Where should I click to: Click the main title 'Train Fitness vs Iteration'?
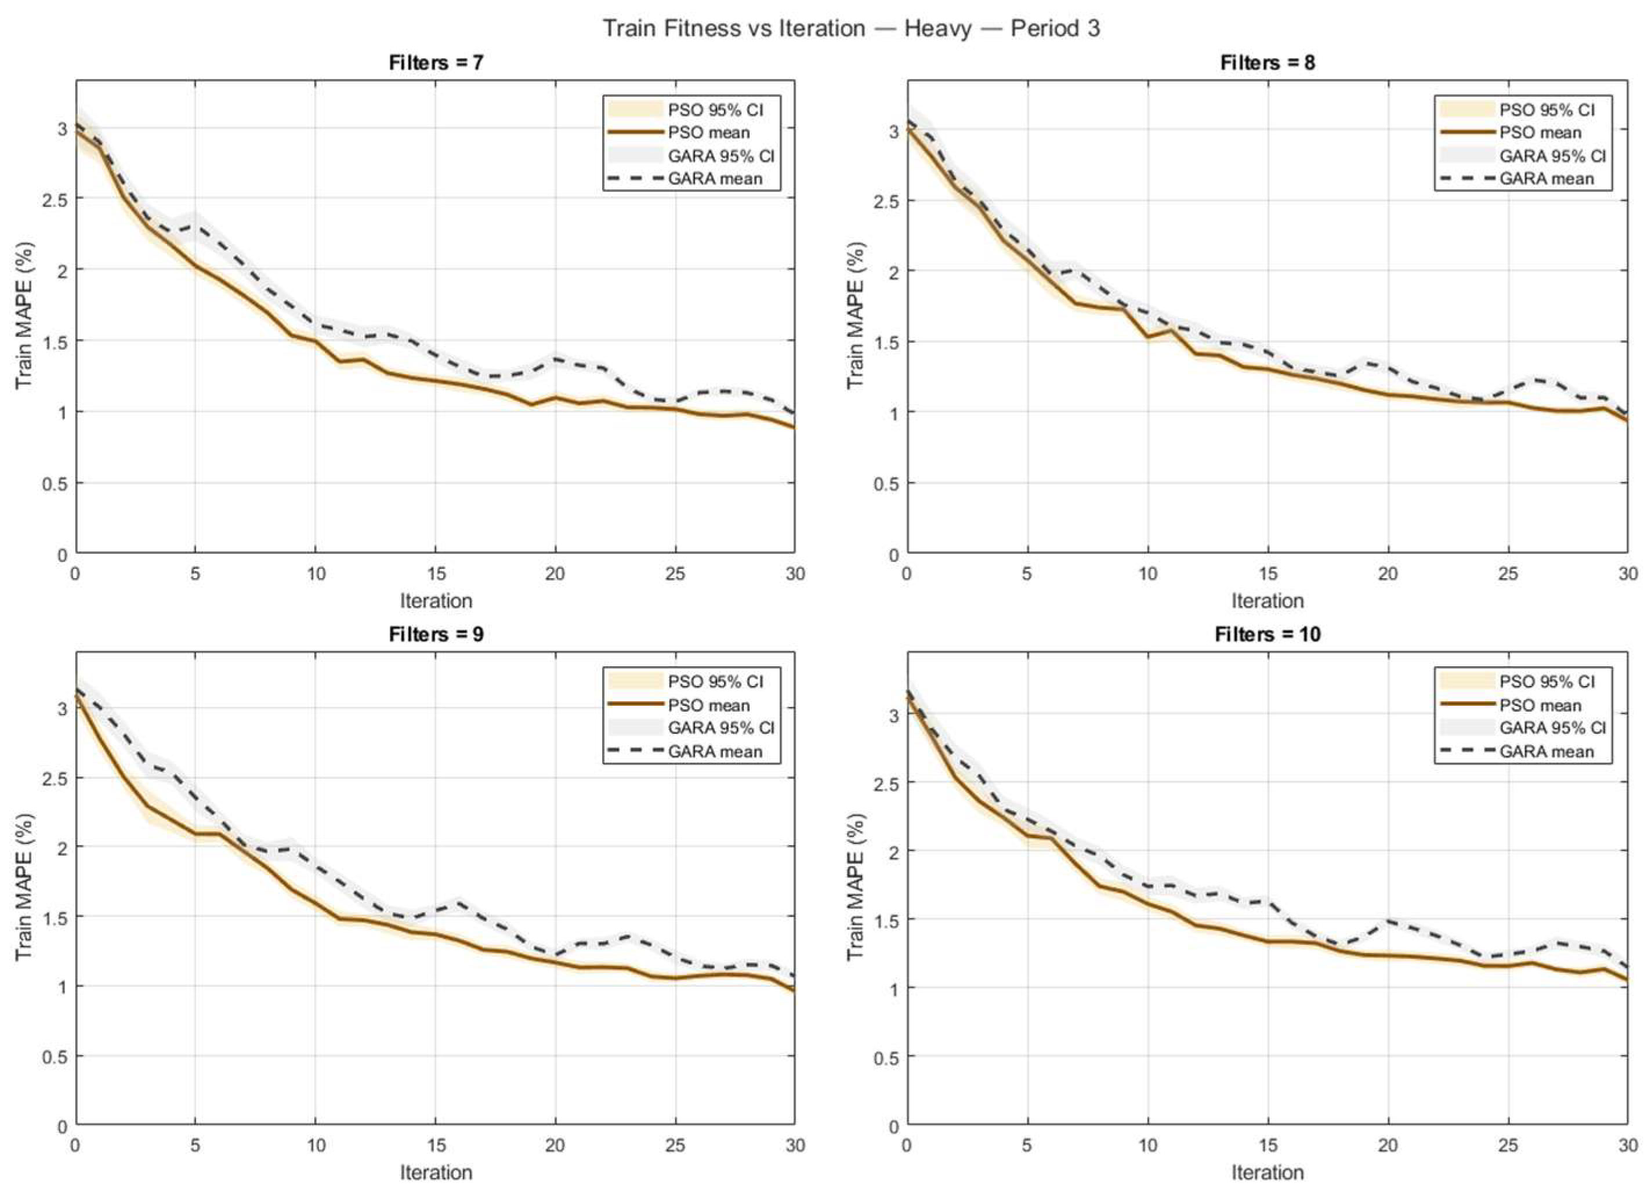734,28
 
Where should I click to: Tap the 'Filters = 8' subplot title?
1267,63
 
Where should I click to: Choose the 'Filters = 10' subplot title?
1267,634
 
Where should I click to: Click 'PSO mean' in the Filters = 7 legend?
708,133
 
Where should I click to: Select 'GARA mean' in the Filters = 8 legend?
1546,179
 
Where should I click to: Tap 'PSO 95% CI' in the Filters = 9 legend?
715,681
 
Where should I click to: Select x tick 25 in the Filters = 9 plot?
675,1145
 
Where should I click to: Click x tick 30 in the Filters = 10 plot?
1628,1145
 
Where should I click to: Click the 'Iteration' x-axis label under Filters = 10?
1267,1172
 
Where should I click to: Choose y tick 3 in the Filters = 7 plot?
61,129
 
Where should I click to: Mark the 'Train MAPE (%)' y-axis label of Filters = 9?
26,886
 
